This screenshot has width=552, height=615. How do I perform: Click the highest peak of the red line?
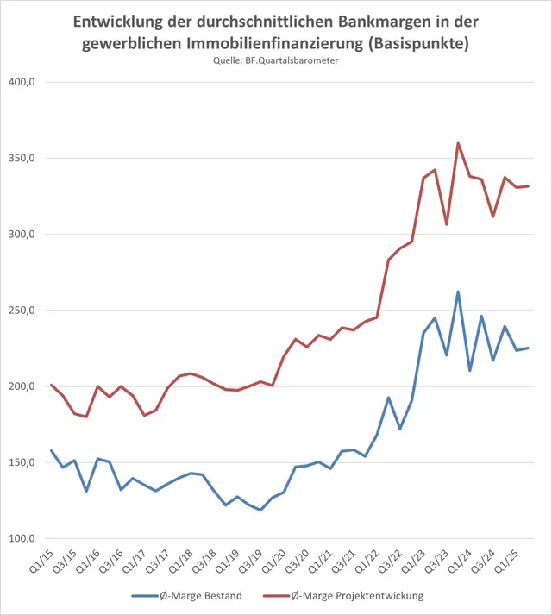[458, 143]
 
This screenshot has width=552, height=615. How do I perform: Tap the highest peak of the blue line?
[458, 292]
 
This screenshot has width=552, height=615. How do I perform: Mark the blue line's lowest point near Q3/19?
[260, 510]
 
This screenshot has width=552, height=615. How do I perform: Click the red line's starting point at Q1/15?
[52, 385]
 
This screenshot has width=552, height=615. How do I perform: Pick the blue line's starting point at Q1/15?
[52, 450]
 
